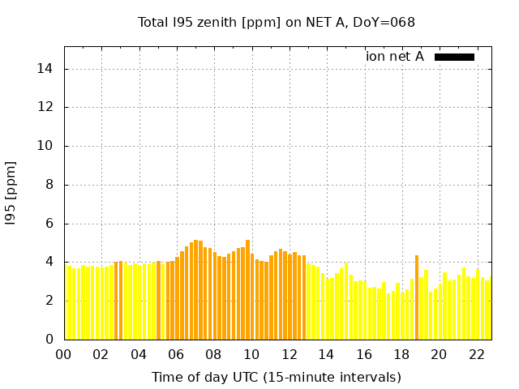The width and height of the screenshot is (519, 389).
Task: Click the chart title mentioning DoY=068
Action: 276,23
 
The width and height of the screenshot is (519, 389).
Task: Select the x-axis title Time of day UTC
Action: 276,378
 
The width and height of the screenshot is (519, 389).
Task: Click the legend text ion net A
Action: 395,57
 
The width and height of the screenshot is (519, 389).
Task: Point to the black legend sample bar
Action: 454,57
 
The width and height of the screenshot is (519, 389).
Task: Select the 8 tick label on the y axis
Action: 50,185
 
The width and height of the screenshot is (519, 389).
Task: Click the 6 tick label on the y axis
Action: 50,224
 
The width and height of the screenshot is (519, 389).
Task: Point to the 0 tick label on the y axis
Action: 50,340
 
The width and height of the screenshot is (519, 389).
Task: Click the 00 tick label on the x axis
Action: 64,355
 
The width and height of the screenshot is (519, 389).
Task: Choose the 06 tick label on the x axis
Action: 177,355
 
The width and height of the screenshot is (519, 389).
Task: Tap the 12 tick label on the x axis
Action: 290,355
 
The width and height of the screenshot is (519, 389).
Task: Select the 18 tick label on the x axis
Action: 401,355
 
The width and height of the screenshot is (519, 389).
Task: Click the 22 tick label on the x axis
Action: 477,355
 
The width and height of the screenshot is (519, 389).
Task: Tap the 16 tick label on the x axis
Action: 364,355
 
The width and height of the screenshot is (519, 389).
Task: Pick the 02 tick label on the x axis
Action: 101,355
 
